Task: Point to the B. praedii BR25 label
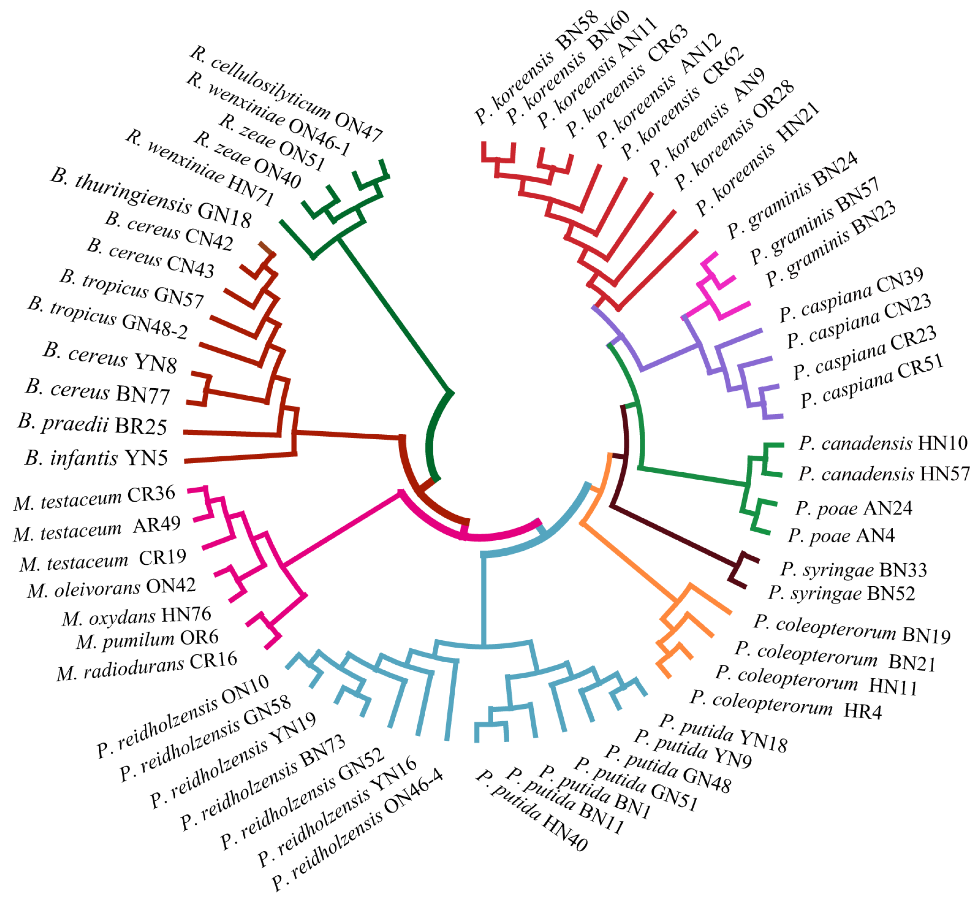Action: tap(92, 425)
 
